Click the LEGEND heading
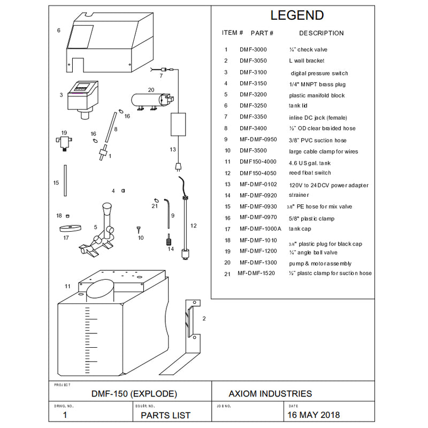coord(297,15)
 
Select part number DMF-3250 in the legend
coord(253,106)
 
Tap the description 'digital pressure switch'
coord(319,73)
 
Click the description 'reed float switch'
coord(310,173)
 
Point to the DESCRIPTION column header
coord(321,33)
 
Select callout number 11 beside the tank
coord(67,286)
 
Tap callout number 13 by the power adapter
coord(172,149)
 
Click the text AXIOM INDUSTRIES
coord(270,394)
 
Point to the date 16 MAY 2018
coord(314,415)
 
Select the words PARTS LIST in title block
coord(165,415)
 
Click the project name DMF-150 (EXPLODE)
coord(134,394)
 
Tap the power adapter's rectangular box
coord(178,125)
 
